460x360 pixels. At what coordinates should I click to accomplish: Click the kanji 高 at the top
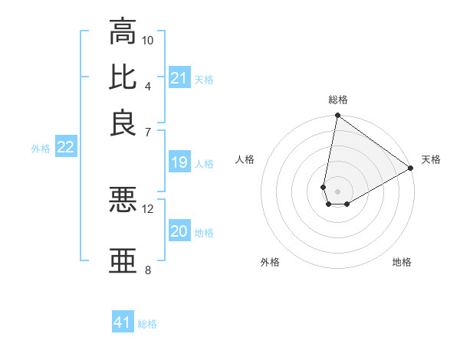(x=123, y=31)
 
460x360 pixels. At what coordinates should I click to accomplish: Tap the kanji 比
(x=123, y=77)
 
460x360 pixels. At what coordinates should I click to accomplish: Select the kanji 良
(x=123, y=123)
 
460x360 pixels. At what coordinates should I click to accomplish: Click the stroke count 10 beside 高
(x=148, y=40)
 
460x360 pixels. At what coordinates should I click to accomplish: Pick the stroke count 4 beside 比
(x=148, y=85)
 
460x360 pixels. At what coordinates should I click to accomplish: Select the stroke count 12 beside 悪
(x=148, y=208)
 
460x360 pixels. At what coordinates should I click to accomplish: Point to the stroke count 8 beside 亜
(x=148, y=270)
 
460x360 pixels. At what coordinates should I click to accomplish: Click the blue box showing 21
(x=179, y=78)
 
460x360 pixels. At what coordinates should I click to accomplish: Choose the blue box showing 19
(x=179, y=162)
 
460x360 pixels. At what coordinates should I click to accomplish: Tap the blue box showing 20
(x=179, y=231)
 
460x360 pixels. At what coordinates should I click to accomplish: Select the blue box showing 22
(x=65, y=148)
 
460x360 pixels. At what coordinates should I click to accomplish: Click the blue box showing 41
(x=123, y=322)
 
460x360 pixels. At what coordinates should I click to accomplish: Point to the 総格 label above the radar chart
(x=338, y=100)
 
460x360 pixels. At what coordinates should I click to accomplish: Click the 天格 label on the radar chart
(x=431, y=159)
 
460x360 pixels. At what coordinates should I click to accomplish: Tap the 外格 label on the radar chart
(x=270, y=262)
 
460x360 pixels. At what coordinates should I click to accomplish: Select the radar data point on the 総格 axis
(x=337, y=116)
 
